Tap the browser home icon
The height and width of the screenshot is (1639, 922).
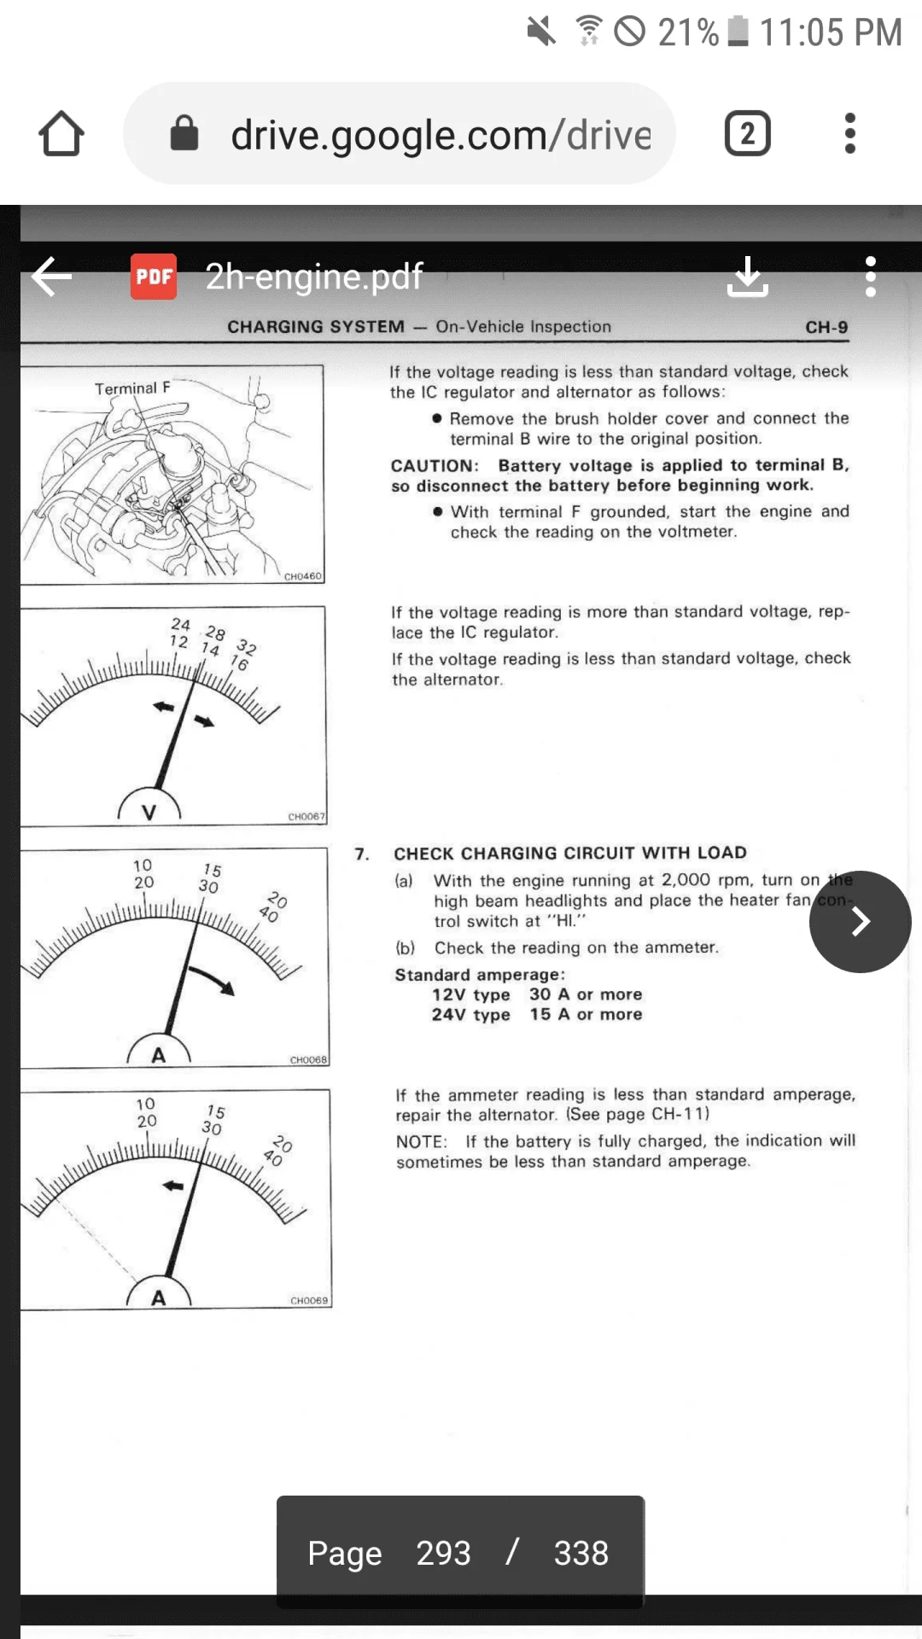coord(61,134)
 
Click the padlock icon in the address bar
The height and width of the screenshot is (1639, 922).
coord(184,133)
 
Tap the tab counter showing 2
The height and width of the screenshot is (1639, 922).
coord(747,134)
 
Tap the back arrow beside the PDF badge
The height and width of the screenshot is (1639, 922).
coord(52,277)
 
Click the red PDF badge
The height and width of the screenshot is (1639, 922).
coord(154,277)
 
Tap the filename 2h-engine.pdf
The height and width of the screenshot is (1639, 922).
coord(313,277)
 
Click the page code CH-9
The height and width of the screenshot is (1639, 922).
coord(826,327)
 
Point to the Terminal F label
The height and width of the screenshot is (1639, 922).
coord(132,388)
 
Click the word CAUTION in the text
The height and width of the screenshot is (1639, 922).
coord(434,466)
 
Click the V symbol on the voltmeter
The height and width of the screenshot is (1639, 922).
coord(149,812)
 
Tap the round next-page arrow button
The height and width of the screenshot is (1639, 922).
coord(860,921)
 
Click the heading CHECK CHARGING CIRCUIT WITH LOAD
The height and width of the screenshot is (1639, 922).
coord(569,853)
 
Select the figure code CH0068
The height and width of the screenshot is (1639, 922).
coord(308,1059)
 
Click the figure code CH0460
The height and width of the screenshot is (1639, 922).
coord(303,576)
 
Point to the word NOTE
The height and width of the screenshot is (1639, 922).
coord(421,1142)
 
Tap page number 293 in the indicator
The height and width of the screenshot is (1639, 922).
coord(443,1553)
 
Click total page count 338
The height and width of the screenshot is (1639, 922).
coord(581,1553)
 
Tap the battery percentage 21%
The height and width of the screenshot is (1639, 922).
coord(688,32)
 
